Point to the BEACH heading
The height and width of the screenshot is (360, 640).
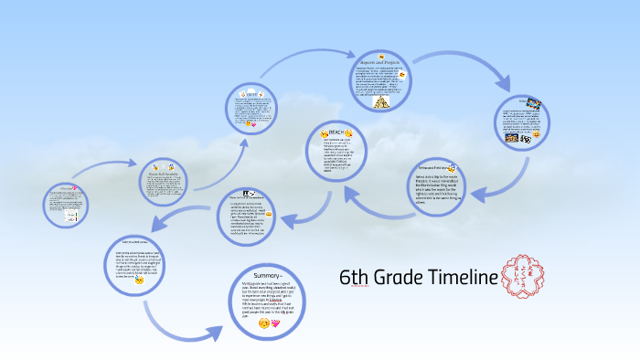pos(340,133)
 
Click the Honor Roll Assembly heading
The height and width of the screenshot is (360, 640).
pos(162,172)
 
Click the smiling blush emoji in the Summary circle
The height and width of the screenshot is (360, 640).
pos(263,323)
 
